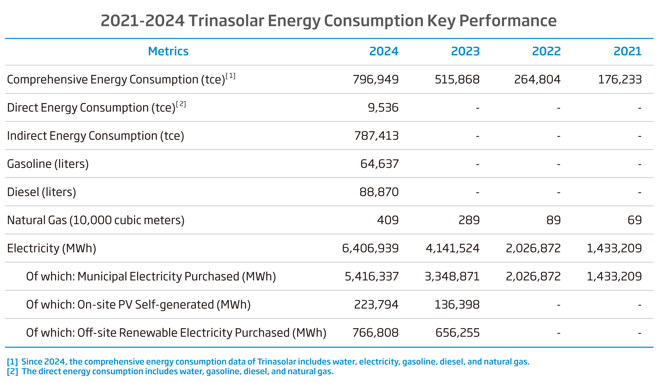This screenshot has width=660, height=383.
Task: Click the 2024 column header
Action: point(384,51)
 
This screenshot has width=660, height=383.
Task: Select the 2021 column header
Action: point(628,51)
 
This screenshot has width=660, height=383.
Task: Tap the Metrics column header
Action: point(168,51)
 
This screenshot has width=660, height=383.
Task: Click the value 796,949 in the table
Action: point(376,79)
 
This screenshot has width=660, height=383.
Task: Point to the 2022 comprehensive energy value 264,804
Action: point(537,79)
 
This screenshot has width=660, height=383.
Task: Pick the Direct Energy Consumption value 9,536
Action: point(383,107)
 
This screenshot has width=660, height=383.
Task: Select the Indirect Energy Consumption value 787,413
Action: point(376,136)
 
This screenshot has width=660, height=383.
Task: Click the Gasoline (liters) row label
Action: point(48,164)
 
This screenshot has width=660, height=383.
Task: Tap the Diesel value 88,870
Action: point(379,192)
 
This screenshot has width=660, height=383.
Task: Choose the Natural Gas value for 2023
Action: point(469,220)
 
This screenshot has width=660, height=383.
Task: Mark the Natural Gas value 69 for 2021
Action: point(634,220)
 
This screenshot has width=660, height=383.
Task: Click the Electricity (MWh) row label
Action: point(51,248)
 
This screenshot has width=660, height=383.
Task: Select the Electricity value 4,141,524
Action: point(452,248)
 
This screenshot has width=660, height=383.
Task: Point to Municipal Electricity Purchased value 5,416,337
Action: point(372,277)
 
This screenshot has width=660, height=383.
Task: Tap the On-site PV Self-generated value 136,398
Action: point(457,304)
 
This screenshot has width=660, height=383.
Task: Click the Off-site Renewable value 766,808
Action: point(375,333)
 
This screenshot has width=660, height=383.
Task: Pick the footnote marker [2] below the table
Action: point(12,371)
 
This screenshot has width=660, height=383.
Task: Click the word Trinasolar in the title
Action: point(226,21)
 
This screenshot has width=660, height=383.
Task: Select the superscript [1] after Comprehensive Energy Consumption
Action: point(230,76)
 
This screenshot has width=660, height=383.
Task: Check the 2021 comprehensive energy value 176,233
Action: point(620,79)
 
